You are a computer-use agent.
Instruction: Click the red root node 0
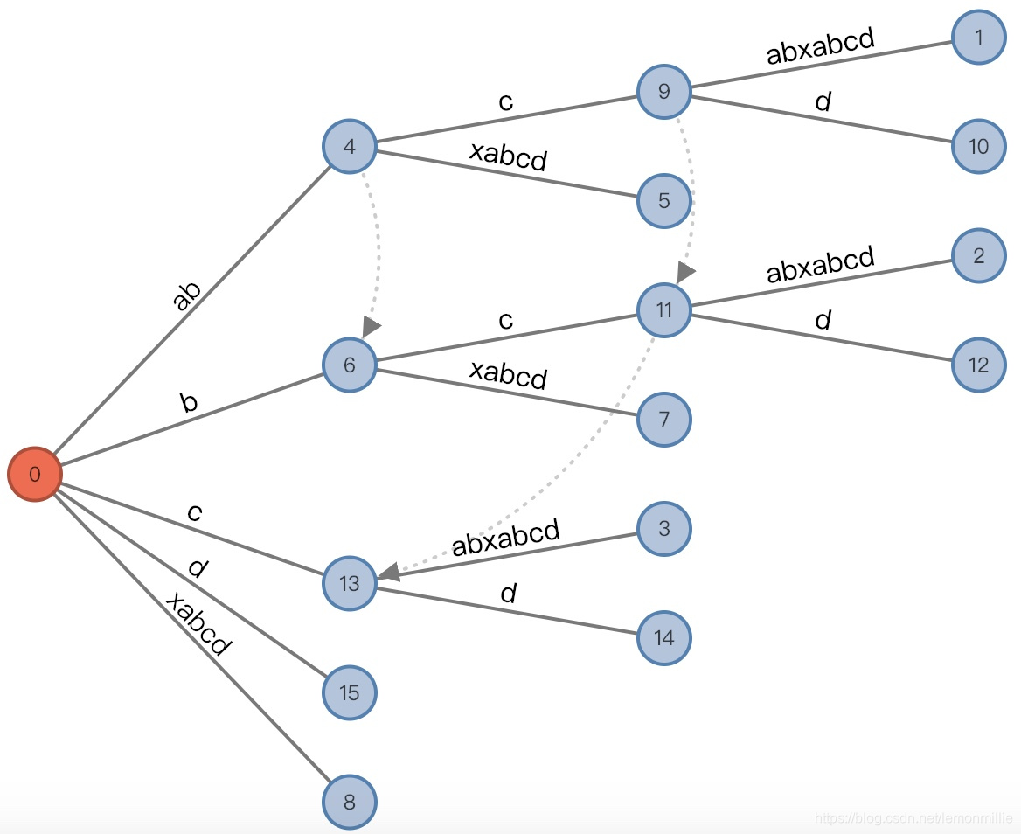pyautogui.click(x=35, y=475)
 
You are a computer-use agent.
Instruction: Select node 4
pyautogui.click(x=350, y=146)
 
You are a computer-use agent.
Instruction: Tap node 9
pyautogui.click(x=664, y=91)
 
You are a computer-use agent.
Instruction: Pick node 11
pyautogui.click(x=664, y=310)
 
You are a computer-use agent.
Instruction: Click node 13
pyautogui.click(x=350, y=583)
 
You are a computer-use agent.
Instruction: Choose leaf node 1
pyautogui.click(x=979, y=37)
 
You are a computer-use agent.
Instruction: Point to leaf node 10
pyautogui.click(x=979, y=146)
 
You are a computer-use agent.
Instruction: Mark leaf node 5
pyautogui.click(x=664, y=201)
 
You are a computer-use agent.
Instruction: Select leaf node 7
pyautogui.click(x=664, y=420)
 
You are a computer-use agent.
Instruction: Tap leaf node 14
pyautogui.click(x=664, y=637)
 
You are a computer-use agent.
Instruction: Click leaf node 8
pyautogui.click(x=350, y=802)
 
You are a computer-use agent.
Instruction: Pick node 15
pyautogui.click(x=350, y=692)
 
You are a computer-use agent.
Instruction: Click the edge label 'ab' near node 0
pyautogui.click(x=186, y=295)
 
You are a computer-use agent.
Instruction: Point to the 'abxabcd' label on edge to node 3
pyautogui.click(x=505, y=537)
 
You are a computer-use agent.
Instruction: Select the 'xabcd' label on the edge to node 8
pyautogui.click(x=198, y=624)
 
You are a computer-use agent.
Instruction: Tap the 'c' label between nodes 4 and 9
pyautogui.click(x=505, y=101)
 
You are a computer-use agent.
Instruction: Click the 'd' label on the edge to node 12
pyautogui.click(x=823, y=321)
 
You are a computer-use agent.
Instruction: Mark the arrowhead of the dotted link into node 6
pyautogui.click(x=372, y=327)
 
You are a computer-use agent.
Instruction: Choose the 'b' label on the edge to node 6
pyautogui.click(x=189, y=402)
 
